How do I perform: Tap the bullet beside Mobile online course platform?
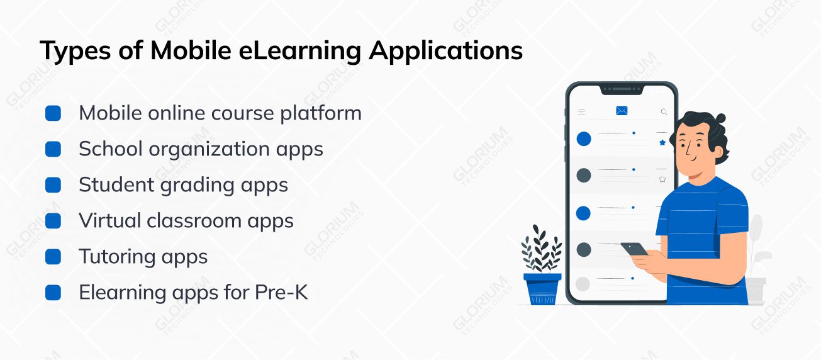coord(53,113)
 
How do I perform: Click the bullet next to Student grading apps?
coord(53,185)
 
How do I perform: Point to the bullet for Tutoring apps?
coord(53,257)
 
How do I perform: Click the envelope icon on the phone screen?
coord(622,111)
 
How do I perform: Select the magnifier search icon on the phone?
coord(664,111)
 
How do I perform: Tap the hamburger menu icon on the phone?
coord(581,111)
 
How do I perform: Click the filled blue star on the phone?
coord(662,143)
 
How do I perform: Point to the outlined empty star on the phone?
coord(662,179)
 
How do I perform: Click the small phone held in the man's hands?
coord(635,249)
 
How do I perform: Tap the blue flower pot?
coord(542,288)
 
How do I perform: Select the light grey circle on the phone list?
coord(583,284)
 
